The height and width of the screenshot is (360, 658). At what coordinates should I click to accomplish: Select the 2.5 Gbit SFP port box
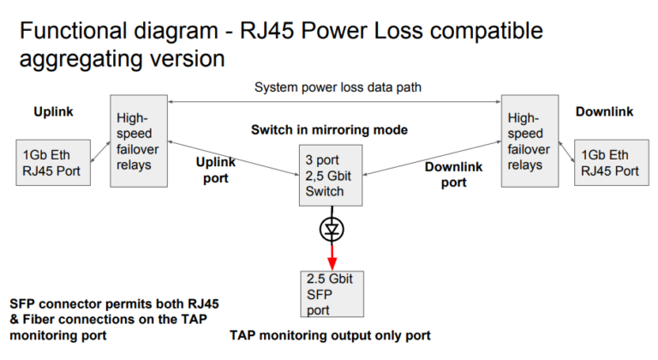pos(330,291)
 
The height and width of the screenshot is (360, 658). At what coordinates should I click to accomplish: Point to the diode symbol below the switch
pos(330,229)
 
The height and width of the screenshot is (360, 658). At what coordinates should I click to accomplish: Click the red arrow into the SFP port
pos(330,255)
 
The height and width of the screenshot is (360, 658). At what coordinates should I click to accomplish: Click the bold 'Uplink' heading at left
pos(53,112)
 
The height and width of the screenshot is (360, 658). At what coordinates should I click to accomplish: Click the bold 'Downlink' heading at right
pos(604,112)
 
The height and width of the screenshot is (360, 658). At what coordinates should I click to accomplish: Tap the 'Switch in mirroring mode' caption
pos(329,130)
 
